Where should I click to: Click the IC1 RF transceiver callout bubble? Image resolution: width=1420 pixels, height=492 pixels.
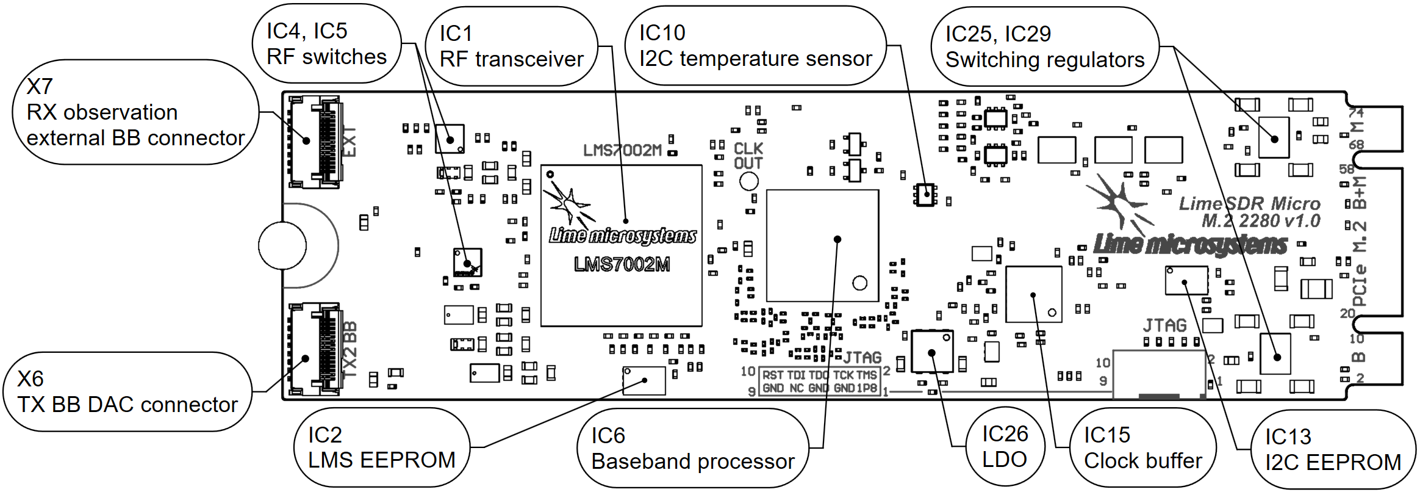pos(511,46)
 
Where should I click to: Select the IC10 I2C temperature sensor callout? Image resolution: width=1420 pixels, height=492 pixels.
pos(755,46)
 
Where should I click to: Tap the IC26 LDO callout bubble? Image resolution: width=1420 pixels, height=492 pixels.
pos(1005,447)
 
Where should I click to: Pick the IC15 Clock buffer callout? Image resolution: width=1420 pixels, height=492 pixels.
pos(1142,448)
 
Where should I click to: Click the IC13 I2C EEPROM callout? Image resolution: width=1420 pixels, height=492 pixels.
pos(1332,450)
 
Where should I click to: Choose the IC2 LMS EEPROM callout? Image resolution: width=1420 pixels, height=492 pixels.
pos(381,447)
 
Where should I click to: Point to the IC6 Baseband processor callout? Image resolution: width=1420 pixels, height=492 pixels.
pos(692,449)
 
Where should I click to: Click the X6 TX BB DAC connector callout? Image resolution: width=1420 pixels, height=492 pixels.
pos(127,392)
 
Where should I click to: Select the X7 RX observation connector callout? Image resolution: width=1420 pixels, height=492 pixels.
pos(135,112)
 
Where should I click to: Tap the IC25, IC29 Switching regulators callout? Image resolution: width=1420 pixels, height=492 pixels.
pos(1044,47)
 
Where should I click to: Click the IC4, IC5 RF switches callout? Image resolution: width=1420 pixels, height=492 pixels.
pos(326,44)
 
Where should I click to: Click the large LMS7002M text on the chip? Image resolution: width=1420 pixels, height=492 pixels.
pos(622,264)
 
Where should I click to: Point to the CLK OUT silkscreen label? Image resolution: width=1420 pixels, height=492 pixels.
pos(748,156)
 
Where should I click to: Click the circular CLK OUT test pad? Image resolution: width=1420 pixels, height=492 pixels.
pos(748,181)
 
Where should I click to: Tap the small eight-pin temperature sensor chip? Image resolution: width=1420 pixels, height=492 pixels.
pos(925,194)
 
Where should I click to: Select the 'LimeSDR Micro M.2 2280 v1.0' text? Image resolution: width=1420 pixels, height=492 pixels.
pos(1250,212)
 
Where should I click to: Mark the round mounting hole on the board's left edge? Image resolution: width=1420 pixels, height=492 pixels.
pos(282,245)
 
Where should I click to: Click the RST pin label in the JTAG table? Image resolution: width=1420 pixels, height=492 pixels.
pos(773,375)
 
